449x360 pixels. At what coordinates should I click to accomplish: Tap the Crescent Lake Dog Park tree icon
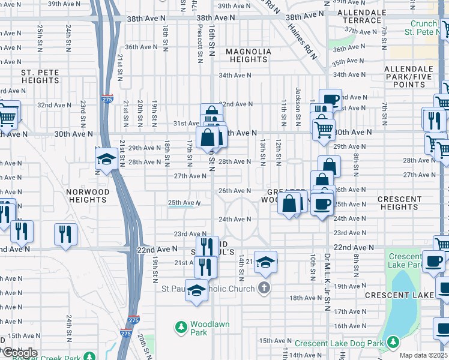(x=393, y=342)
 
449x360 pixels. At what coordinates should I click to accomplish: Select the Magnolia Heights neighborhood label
(x=248, y=55)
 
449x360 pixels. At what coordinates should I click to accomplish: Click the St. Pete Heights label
(x=40, y=76)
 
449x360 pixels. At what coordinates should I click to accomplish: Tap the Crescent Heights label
(x=399, y=202)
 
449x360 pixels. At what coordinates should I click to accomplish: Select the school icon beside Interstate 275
(x=106, y=159)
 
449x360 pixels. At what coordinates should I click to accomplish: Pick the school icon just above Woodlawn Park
(x=196, y=291)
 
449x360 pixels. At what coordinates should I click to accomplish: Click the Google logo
(x=20, y=352)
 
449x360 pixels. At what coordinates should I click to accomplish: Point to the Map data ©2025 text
(x=423, y=355)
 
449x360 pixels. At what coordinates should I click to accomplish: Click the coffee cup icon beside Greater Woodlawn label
(x=321, y=203)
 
